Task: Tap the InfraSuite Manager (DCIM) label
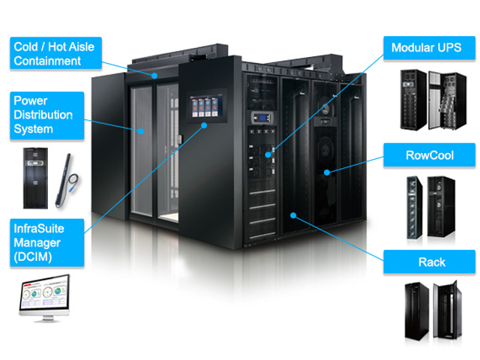[46, 241]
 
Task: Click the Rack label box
[430, 262]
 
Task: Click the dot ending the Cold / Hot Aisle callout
[154, 75]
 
